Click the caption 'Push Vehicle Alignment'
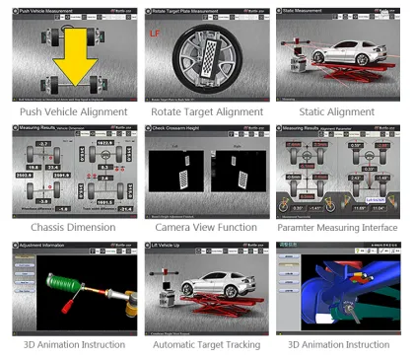tap(68, 111)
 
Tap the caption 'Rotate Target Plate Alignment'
tap(206, 111)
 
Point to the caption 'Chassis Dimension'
tap(68, 227)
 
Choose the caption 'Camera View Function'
tap(206, 227)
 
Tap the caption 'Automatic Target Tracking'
tap(206, 344)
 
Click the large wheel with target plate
tap(207, 61)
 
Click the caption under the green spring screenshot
tap(68, 344)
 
